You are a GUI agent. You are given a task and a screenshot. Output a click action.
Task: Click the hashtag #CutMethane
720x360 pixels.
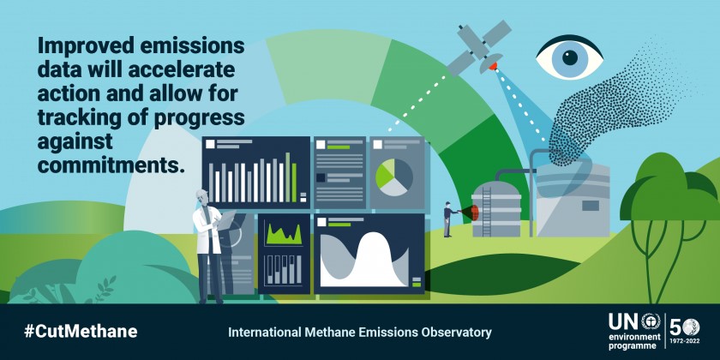coord(81,331)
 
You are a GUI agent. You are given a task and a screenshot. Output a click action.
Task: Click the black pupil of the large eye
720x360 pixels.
coord(570,57)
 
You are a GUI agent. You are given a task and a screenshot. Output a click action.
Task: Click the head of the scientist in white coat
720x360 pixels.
coord(202,197)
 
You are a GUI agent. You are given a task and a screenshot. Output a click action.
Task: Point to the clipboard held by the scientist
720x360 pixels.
coord(226,220)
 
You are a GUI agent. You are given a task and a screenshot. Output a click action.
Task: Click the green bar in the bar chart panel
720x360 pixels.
coord(294,183)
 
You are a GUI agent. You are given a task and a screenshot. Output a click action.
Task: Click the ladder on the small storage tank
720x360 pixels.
coord(486,212)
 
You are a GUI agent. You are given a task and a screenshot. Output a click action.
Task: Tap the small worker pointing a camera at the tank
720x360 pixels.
coord(447,219)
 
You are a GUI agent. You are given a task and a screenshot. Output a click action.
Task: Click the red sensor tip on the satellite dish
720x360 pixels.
coord(494,66)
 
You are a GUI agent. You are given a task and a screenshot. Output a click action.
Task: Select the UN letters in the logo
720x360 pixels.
coord(624,322)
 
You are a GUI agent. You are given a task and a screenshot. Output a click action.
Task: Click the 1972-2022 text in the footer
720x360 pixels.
coord(684,342)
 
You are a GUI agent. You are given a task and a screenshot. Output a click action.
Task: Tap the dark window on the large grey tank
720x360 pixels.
coord(591,206)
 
